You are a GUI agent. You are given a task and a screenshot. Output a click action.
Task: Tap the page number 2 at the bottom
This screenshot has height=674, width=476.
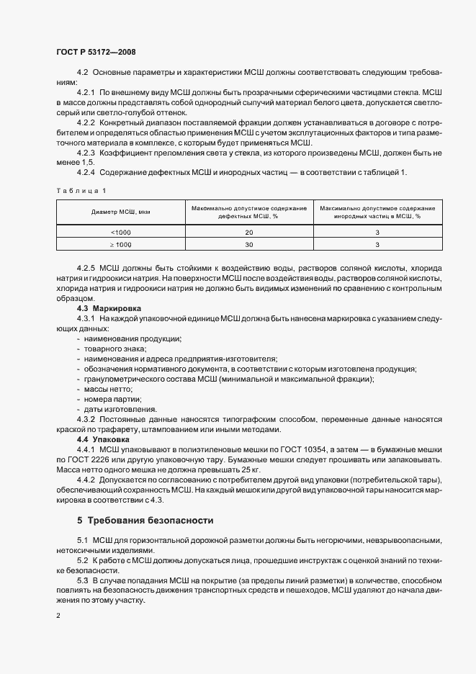58,616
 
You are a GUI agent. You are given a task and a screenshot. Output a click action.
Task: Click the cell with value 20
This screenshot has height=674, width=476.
249,233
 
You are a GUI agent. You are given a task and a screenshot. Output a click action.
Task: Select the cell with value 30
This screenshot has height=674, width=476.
249,246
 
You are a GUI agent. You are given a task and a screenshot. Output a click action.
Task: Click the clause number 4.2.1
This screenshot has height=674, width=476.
86,93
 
